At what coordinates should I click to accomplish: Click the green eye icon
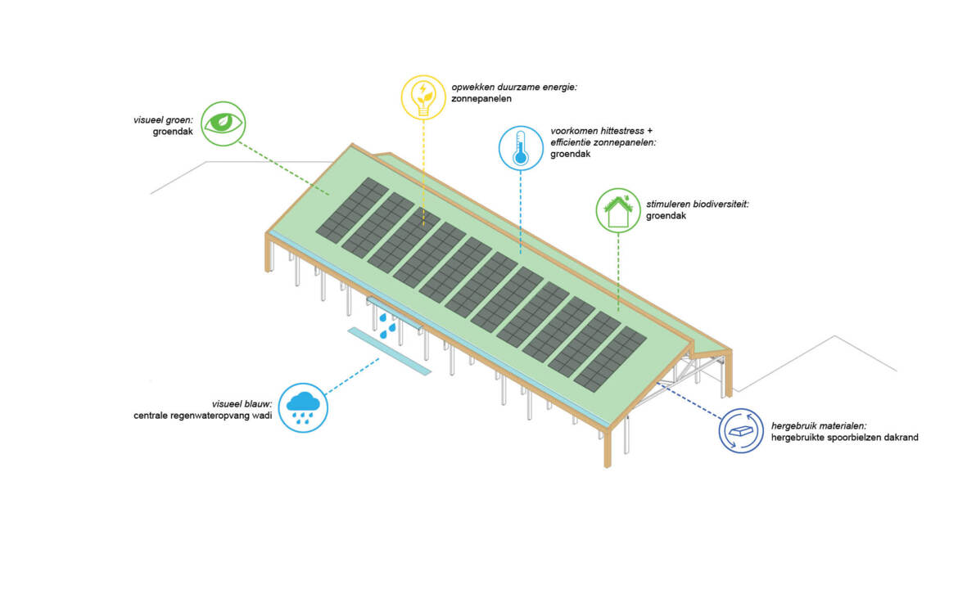(223, 124)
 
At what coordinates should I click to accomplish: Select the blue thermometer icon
(521, 148)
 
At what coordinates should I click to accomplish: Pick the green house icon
(617, 210)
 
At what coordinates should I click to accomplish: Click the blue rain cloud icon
(303, 407)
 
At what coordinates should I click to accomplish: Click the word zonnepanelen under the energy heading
(481, 98)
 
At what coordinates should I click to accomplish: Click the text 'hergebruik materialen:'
(817, 425)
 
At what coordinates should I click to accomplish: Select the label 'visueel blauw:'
(242, 403)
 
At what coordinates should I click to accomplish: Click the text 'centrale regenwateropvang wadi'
(202, 416)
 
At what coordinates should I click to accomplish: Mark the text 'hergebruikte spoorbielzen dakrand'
(844, 438)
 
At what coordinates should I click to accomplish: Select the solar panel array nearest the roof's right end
(609, 358)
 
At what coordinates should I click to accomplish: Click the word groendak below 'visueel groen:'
(173, 132)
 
